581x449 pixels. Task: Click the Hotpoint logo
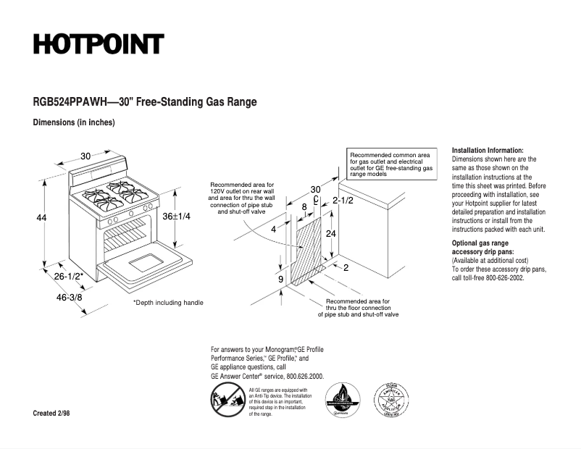pyautogui.click(x=98, y=44)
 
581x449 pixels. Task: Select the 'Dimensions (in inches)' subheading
pyautogui.click(x=74, y=122)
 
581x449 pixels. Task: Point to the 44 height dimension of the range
pyautogui.click(x=41, y=217)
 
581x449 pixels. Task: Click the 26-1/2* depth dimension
pyautogui.click(x=69, y=275)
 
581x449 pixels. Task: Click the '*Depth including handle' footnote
pyautogui.click(x=168, y=303)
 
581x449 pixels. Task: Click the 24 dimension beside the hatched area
pyautogui.click(x=330, y=233)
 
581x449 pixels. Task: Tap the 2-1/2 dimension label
pyautogui.click(x=342, y=200)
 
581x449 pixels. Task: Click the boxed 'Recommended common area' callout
pyautogui.click(x=391, y=164)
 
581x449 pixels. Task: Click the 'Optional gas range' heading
pyautogui.click(x=480, y=243)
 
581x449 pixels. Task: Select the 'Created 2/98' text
pyautogui.click(x=52, y=413)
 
